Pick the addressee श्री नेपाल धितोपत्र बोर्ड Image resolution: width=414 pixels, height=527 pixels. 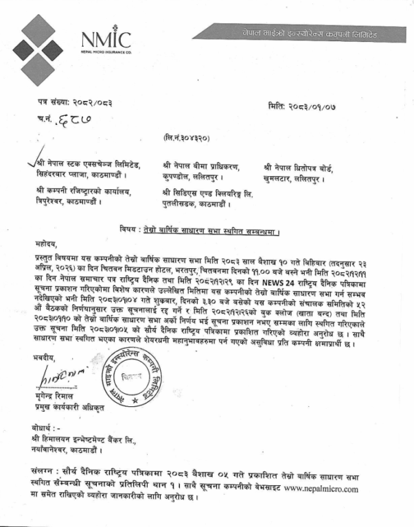(x=303, y=166)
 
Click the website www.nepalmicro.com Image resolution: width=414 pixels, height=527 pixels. (x=321, y=489)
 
